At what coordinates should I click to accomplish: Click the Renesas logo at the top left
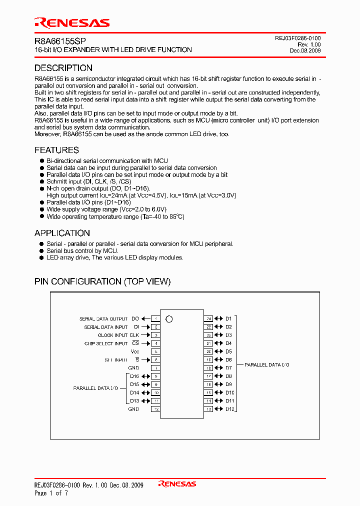pyautogui.click(x=71, y=22)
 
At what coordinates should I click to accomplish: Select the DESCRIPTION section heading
pyautogui.click(x=63, y=68)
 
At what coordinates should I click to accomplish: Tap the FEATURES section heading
pyautogui.click(x=56, y=150)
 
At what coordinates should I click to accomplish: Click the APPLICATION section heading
pyautogui.click(x=62, y=233)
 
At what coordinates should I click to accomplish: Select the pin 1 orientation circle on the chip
pyautogui.click(x=169, y=319)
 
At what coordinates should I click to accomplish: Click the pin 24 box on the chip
pyautogui.click(x=208, y=318)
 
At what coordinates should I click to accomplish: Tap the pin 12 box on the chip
pyautogui.click(x=156, y=409)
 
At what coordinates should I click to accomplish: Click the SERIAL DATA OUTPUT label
pyautogui.click(x=103, y=319)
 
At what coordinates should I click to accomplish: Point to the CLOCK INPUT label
pyautogui.click(x=112, y=335)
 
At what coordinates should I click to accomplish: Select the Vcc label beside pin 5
pyautogui.click(x=135, y=351)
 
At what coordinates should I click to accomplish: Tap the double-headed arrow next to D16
pyautogui.click(x=146, y=376)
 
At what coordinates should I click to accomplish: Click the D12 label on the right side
pyautogui.click(x=229, y=409)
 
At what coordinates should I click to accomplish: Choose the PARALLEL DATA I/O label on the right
pyautogui.click(x=267, y=365)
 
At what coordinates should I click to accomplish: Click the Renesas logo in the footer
pyautogui.click(x=177, y=484)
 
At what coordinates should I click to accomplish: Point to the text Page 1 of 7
pyautogui.click(x=51, y=493)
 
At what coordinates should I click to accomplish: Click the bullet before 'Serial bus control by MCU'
pyautogui.click(x=42, y=251)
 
